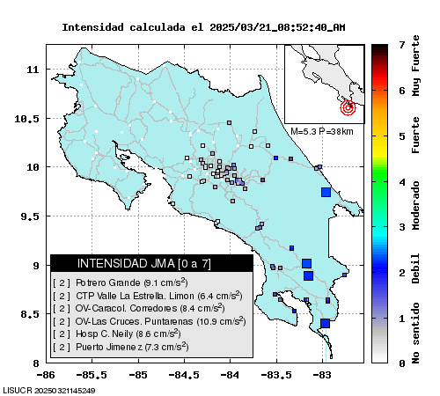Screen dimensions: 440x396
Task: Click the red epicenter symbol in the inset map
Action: point(348,107)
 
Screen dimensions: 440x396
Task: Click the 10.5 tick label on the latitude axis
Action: point(26,119)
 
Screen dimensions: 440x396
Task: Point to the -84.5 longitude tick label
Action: point(184,375)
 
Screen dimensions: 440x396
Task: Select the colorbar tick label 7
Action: point(402,45)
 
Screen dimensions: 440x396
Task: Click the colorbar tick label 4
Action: point(402,182)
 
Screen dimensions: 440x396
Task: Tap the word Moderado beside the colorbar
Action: point(415,205)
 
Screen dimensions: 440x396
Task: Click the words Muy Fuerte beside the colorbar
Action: point(415,65)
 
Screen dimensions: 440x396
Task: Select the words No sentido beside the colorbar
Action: point(415,334)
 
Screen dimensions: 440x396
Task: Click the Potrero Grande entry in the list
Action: point(121,282)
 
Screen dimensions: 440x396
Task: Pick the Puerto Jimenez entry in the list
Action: point(121,347)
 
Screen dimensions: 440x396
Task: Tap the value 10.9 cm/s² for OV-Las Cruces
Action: point(221,321)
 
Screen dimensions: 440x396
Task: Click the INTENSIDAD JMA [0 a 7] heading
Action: point(144,263)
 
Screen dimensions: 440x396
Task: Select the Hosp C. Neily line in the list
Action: point(117,334)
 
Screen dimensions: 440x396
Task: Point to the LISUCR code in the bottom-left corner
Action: point(49,391)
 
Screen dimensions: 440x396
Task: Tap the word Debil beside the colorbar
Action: point(415,268)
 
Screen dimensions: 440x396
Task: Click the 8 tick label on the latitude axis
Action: point(36,363)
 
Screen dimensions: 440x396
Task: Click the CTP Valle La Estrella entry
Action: point(148,296)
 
